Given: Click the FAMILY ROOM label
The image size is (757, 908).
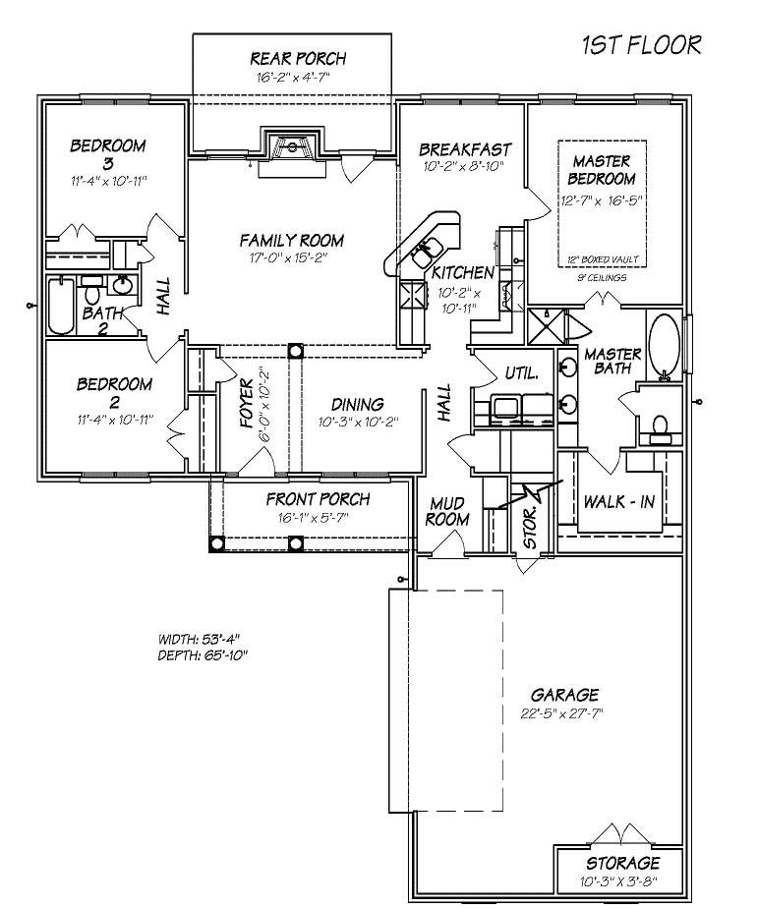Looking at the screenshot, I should coord(291,240).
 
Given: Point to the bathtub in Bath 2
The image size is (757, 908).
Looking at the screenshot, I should coord(61,305).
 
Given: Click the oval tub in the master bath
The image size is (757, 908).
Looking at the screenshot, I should coord(665,345).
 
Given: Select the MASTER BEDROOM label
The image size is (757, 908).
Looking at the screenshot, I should coord(603,169).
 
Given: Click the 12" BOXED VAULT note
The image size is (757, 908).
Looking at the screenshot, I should coord(603,259).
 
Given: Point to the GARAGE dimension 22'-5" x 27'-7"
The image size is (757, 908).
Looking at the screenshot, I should coord(560,713).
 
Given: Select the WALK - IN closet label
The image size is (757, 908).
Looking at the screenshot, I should coord(620,501).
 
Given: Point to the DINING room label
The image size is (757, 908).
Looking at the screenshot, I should coord(357,404).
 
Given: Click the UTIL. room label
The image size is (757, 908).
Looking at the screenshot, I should coord(520,373).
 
